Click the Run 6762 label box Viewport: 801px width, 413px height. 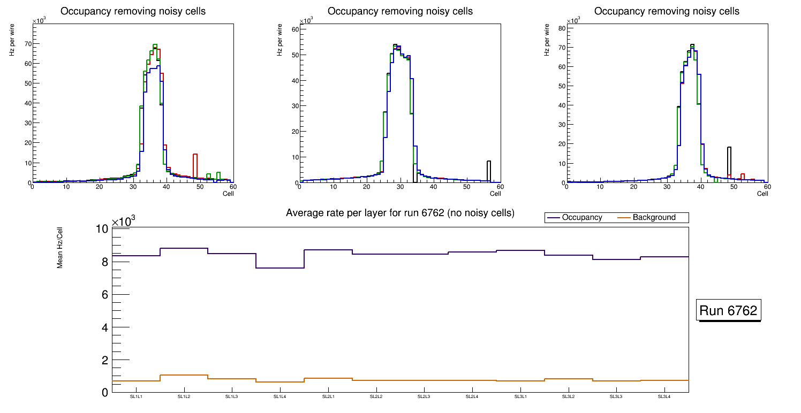point(729,311)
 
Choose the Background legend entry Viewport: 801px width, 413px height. point(653,217)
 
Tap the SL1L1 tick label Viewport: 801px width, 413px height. point(136,396)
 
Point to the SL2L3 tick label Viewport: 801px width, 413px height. point(424,396)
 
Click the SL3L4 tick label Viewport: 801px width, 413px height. point(664,396)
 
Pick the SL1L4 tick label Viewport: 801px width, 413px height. point(280,396)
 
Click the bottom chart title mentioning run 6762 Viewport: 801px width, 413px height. point(400,213)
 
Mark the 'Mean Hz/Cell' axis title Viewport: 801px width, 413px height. point(60,250)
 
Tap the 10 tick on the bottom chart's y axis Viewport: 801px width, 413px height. point(102,229)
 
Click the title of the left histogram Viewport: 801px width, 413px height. point(133,11)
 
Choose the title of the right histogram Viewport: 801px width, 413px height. point(667,11)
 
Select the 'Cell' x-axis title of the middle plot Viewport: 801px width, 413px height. point(495,193)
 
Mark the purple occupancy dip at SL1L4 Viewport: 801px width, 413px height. point(280,267)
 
